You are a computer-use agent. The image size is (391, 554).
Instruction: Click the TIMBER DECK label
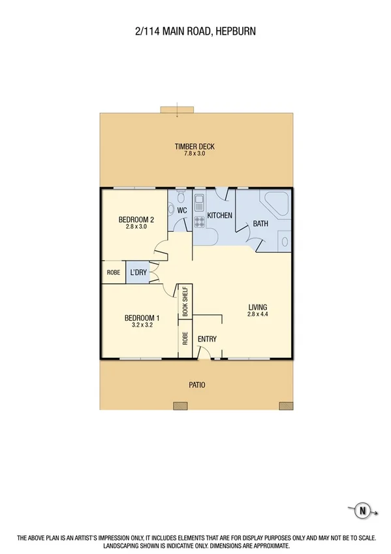pyautogui.click(x=195, y=146)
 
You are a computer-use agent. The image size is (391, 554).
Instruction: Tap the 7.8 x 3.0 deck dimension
pyautogui.click(x=195, y=154)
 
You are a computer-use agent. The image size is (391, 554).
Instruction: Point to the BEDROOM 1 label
pyautogui.click(x=142, y=319)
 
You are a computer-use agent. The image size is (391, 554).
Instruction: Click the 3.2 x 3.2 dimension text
pyautogui.click(x=142, y=326)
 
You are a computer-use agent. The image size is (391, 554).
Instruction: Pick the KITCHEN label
pyautogui.click(x=220, y=216)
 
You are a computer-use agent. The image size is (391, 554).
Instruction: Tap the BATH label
pyautogui.click(x=260, y=224)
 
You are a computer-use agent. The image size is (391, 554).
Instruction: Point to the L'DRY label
pyautogui.click(x=138, y=272)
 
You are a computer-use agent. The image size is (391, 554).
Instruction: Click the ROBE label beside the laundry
pyautogui.click(x=112, y=272)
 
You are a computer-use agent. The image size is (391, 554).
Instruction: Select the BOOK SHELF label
pyautogui.click(x=185, y=301)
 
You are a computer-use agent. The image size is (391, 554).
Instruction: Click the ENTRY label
pyautogui.click(x=207, y=339)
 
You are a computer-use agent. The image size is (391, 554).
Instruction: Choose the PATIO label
pyautogui.click(x=196, y=385)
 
